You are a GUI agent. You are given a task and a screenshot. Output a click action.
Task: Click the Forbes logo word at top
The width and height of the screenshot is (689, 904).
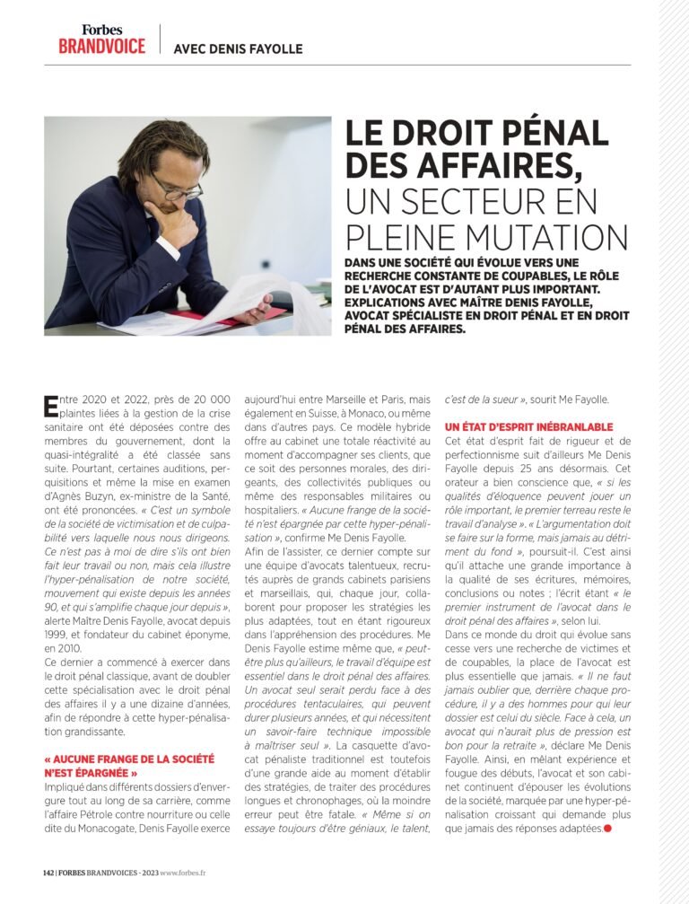pyautogui.click(x=101, y=30)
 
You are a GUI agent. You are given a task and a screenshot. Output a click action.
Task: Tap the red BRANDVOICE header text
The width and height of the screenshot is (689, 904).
pyautogui.click(x=101, y=46)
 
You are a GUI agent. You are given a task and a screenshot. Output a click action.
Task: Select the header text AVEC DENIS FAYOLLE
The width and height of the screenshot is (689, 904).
pyautogui.click(x=238, y=48)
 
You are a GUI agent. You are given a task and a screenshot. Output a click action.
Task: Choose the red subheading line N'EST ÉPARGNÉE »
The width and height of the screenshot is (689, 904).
pyautogui.click(x=90, y=772)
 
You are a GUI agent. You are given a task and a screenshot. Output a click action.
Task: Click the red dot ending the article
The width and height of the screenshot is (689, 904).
pyautogui.click(x=607, y=827)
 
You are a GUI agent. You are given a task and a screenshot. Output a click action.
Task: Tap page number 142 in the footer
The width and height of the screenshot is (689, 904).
pyautogui.click(x=49, y=872)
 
